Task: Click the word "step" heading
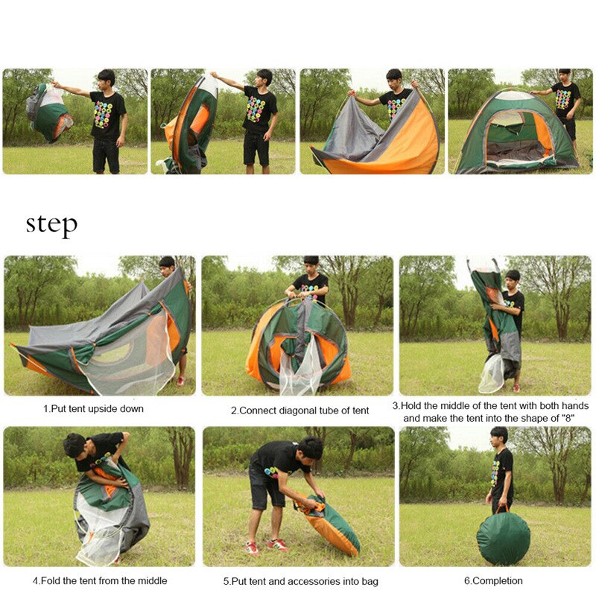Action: [x=51, y=224]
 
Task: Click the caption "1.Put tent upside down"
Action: [x=93, y=409]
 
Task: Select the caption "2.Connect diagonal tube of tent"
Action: [x=299, y=410]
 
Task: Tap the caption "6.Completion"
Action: [x=493, y=580]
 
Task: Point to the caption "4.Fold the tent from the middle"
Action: [x=99, y=580]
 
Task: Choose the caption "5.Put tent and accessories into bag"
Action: [x=300, y=580]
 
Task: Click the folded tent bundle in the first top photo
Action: [x=48, y=112]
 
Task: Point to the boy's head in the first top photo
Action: [x=107, y=78]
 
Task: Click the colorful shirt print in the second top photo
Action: [x=256, y=109]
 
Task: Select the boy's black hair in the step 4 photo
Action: [x=74, y=446]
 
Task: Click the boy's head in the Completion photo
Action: [x=499, y=436]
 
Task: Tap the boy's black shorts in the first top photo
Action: [x=107, y=153]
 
